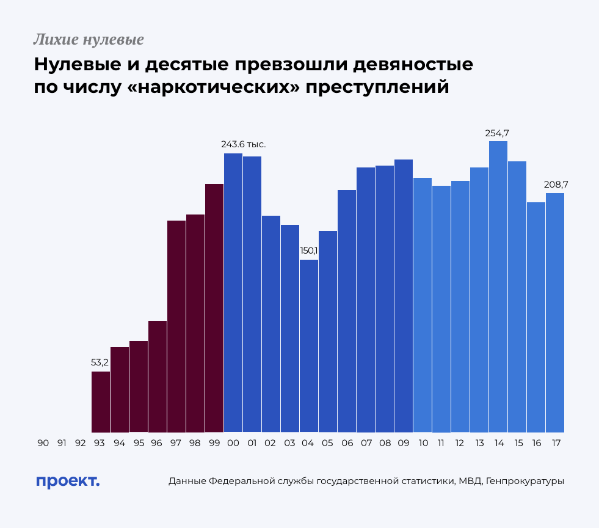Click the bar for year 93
click(101, 402)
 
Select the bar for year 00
click(233, 293)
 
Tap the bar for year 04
click(309, 346)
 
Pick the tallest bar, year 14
click(498, 287)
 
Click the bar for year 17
click(555, 312)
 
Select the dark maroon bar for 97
click(176, 326)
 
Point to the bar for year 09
click(404, 296)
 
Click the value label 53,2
click(100, 362)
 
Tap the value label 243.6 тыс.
click(244, 144)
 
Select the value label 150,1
click(309, 251)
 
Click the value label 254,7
click(498, 133)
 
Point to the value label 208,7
click(556, 184)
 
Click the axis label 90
click(43, 443)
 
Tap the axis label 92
click(81, 443)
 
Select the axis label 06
click(347, 443)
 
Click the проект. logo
click(67, 481)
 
